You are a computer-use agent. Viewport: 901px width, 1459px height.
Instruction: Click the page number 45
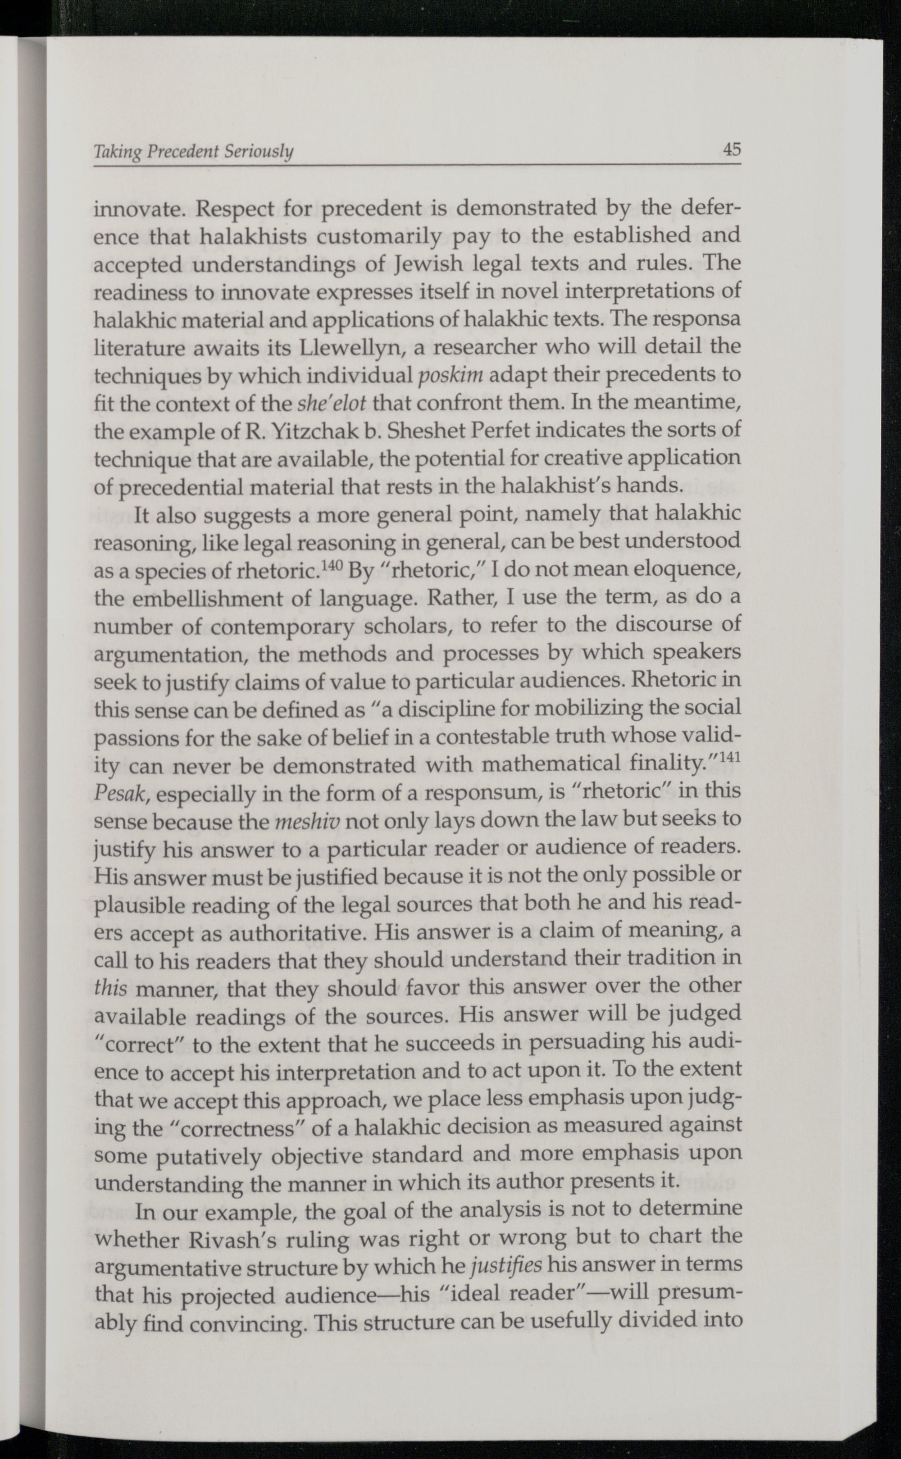point(732,149)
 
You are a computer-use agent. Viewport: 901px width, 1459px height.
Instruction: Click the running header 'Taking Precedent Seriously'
point(194,153)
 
